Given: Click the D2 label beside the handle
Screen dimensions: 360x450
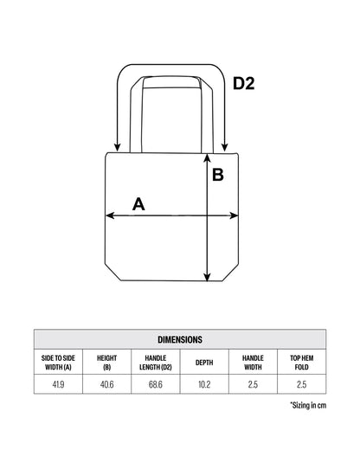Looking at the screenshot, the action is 244,84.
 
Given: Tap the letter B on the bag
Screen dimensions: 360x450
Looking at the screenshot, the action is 218,175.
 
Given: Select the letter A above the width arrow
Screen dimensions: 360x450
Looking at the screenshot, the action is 138,204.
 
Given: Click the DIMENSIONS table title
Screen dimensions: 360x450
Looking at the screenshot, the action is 180,339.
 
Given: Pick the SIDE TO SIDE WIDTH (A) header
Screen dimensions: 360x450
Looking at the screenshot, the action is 58,363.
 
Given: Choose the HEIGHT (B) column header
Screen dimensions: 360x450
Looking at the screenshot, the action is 106,363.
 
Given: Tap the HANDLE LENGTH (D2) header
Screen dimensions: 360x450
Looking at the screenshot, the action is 156,363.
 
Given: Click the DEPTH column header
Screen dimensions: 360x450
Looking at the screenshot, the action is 204,363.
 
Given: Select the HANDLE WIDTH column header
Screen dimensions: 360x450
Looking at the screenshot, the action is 253,363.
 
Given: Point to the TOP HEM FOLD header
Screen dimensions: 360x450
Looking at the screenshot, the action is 302,363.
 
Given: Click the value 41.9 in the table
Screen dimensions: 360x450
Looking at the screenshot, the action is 58,384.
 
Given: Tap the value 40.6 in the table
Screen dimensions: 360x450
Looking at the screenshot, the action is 106,384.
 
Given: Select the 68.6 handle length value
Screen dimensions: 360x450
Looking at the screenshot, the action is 156,384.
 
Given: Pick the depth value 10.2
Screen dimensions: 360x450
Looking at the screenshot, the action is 204,384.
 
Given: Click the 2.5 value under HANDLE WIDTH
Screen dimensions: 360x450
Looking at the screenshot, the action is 253,384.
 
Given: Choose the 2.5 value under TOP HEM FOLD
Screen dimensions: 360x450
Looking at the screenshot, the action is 302,384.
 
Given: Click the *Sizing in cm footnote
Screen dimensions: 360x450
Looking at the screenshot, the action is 308,405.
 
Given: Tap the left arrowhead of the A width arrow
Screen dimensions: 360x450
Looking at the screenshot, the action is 110,215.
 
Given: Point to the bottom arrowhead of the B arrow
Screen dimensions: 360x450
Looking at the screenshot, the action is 207,278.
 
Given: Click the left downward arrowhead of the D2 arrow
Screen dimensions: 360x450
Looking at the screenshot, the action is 117,147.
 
